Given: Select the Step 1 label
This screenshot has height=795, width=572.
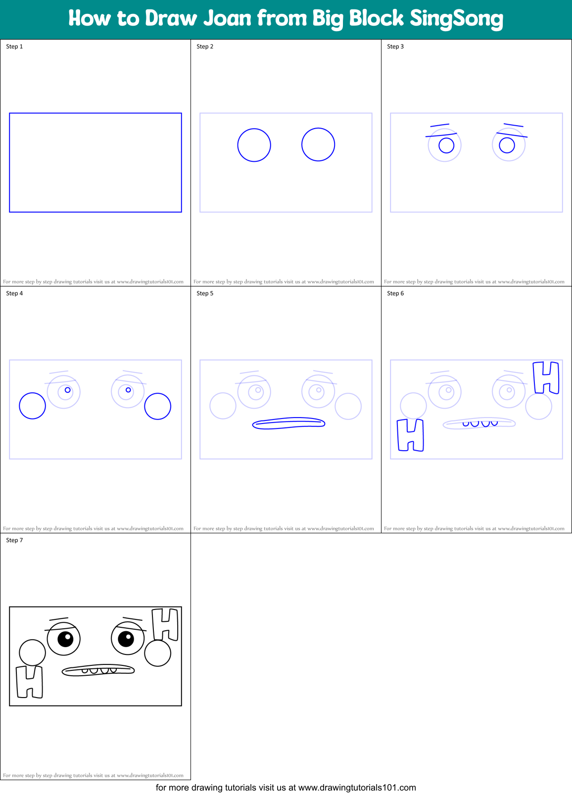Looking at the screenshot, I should (x=14, y=47).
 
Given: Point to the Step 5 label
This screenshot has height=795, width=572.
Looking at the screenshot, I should (x=205, y=293).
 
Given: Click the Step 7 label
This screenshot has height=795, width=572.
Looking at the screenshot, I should (x=14, y=540).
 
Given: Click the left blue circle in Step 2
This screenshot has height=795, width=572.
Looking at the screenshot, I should (x=254, y=145).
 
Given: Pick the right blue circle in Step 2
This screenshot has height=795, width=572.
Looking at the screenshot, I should (x=318, y=144).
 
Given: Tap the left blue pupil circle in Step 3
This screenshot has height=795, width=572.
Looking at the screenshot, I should (x=446, y=145).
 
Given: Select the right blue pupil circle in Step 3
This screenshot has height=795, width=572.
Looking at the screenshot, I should (x=507, y=145).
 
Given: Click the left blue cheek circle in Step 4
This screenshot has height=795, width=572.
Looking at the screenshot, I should (x=32, y=406).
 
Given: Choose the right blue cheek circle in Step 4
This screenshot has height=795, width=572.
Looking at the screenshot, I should (x=157, y=406).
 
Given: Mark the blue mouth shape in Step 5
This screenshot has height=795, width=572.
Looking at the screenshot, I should (x=288, y=423).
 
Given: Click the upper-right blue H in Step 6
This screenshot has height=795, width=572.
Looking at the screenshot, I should (x=546, y=377).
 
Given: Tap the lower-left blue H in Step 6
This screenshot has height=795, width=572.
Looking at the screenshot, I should (x=411, y=435).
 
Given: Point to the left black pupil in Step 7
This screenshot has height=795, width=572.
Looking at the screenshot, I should (x=65, y=639).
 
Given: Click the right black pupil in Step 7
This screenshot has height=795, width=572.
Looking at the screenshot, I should (x=126, y=639).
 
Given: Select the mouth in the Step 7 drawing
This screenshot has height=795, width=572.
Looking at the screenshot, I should (x=98, y=670).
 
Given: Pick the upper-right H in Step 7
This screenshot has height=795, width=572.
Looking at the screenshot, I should (x=165, y=624).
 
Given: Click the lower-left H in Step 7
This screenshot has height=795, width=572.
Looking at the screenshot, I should (x=30, y=682).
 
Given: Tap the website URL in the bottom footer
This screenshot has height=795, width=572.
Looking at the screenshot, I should (x=357, y=788).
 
